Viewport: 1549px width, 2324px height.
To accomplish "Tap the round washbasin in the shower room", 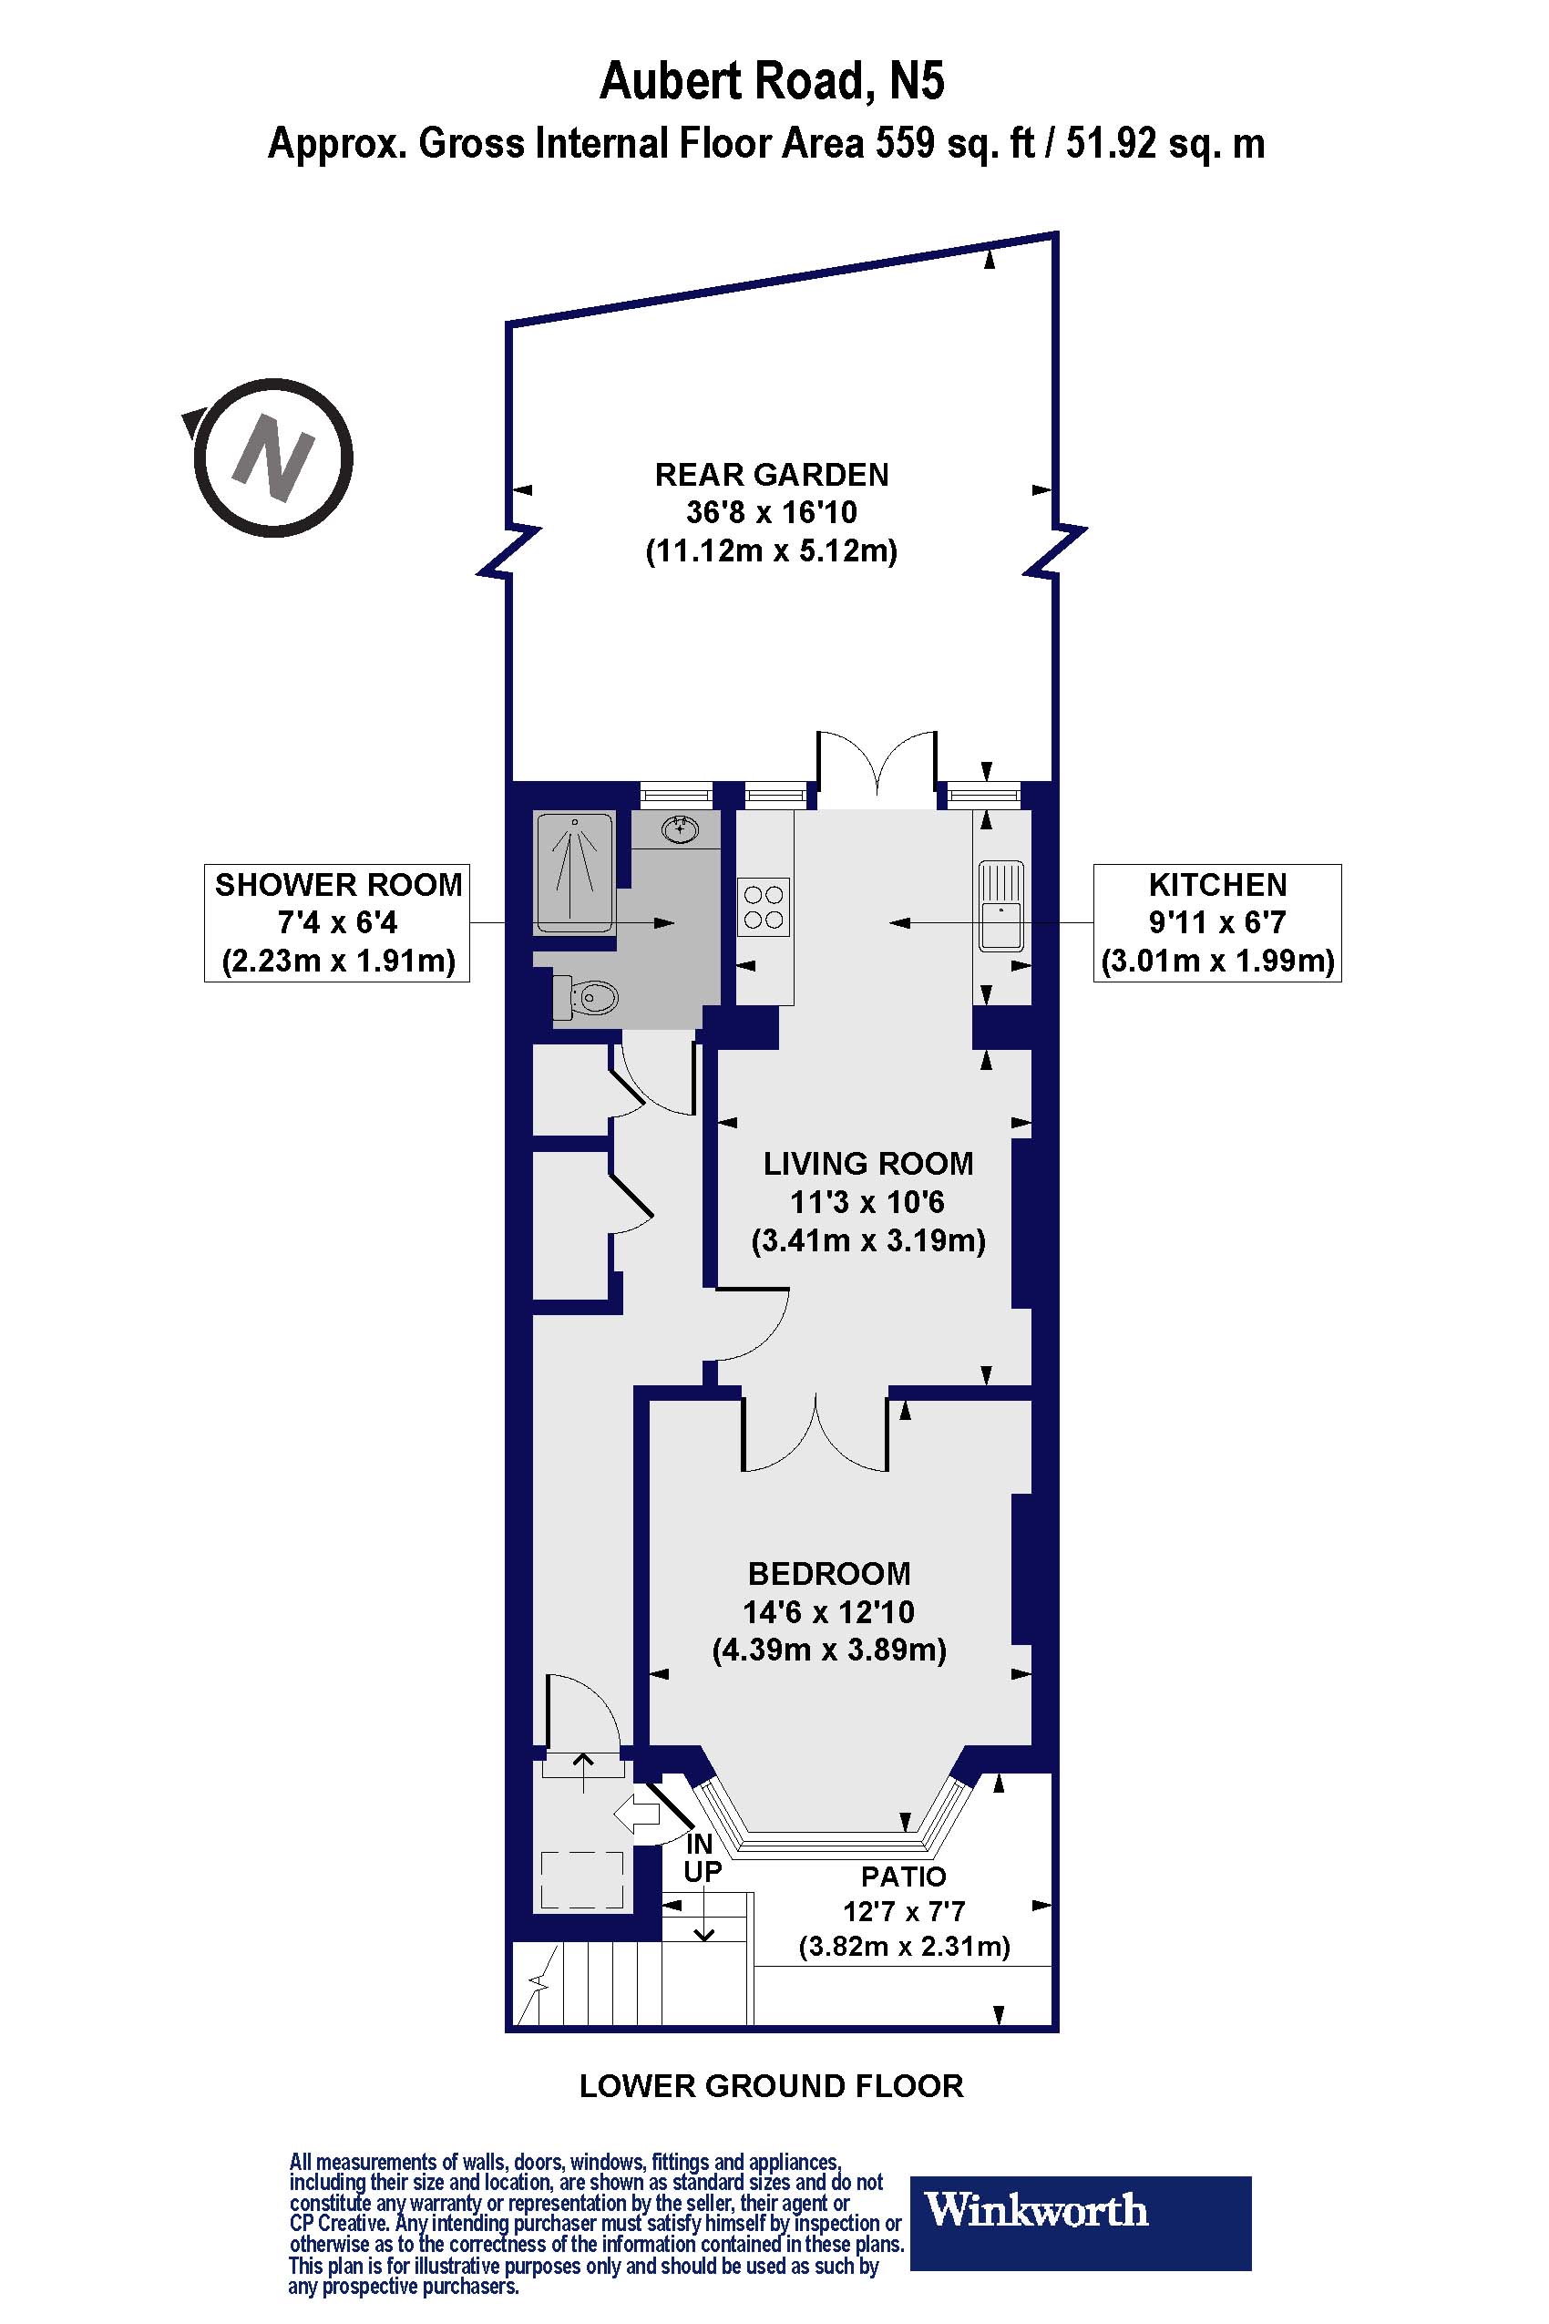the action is (680, 830).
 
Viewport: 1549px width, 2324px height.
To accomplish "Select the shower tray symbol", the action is (574, 872).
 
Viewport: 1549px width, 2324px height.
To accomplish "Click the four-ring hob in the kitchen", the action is (764, 907).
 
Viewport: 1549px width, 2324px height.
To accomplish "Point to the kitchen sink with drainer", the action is (1000, 905).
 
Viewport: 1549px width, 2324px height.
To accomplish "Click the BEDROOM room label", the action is (829, 1573).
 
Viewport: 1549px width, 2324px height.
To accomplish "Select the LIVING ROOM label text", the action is (868, 1164).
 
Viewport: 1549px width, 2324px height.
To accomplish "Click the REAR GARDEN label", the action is (772, 475).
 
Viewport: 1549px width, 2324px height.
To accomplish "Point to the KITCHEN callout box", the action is (1217, 923).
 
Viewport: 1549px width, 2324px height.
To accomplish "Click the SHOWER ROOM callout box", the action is (337, 923).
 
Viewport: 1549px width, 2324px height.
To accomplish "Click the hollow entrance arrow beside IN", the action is (637, 1813).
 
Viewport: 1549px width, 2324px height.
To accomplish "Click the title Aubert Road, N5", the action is (773, 81).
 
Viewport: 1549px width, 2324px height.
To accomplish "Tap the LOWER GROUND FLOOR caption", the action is (772, 2086).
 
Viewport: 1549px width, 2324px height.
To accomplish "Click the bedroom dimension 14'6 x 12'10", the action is (829, 1612).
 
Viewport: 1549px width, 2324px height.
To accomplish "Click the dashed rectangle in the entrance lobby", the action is (582, 1880).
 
